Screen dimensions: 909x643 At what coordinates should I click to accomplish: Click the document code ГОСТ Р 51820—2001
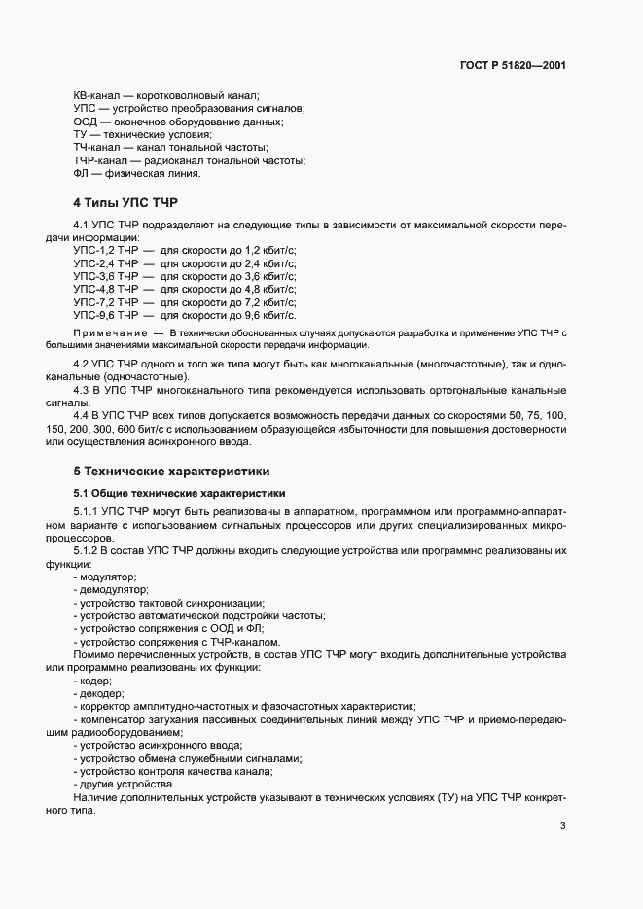click(x=513, y=66)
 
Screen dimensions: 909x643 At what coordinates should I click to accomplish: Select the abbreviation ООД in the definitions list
click(x=86, y=122)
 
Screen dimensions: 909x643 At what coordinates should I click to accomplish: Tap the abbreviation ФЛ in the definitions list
click(x=82, y=173)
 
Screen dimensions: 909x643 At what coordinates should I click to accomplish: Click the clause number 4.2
click(x=83, y=364)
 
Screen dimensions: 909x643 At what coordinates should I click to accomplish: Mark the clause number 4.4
click(x=83, y=415)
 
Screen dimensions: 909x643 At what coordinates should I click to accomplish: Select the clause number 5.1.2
click(x=89, y=551)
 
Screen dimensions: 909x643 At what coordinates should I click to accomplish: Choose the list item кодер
click(x=97, y=681)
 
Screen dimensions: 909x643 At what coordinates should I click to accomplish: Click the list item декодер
click(x=102, y=693)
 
